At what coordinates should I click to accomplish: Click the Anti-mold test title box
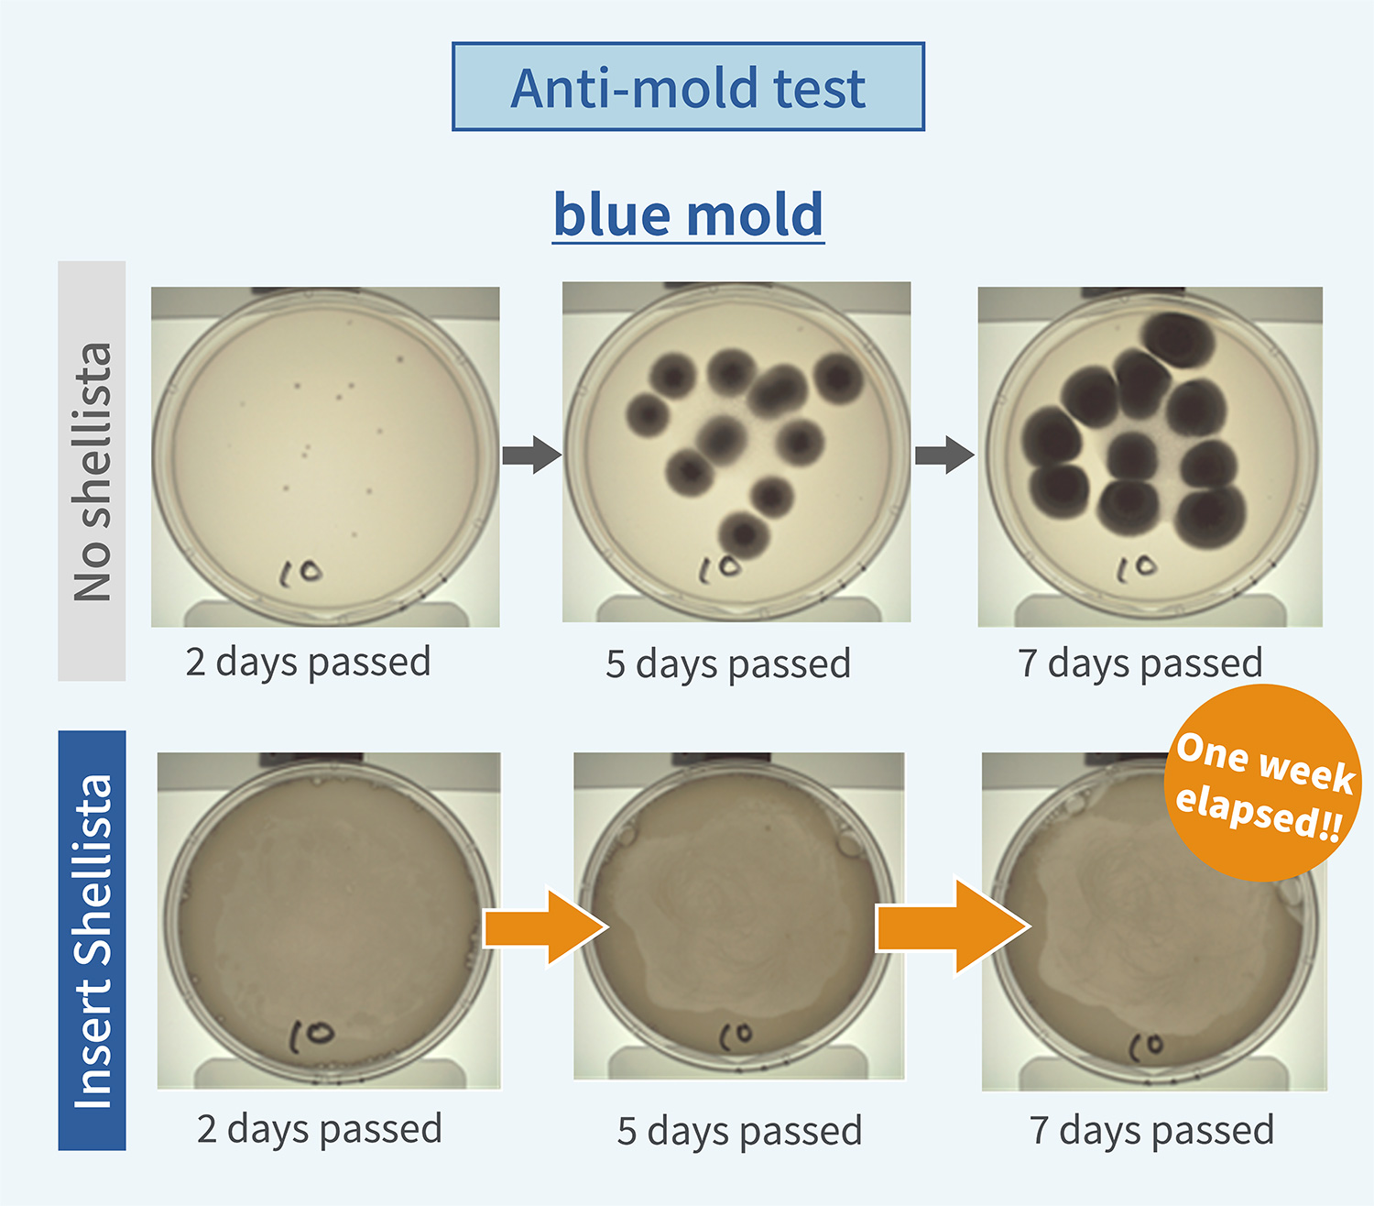click(x=688, y=87)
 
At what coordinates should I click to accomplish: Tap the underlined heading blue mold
click(x=688, y=214)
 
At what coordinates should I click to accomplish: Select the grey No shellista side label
click(x=92, y=471)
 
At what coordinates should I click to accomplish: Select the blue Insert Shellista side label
click(x=92, y=940)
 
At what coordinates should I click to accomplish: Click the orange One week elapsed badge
click(x=1263, y=784)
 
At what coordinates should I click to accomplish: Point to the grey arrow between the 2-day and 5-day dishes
click(x=531, y=455)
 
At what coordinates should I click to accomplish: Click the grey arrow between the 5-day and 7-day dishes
click(x=944, y=455)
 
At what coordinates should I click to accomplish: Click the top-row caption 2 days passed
click(x=308, y=662)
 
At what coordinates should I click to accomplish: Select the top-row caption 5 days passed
click(x=728, y=664)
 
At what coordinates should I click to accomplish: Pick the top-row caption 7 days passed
click(x=1140, y=663)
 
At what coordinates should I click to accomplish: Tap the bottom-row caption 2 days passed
click(x=319, y=1129)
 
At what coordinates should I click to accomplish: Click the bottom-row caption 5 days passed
click(x=739, y=1131)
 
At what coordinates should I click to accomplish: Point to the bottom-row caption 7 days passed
click(x=1151, y=1130)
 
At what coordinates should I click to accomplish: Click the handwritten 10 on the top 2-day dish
click(x=301, y=574)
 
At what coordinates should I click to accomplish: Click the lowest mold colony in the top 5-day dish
click(x=744, y=534)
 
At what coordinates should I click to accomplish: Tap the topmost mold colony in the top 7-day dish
click(x=1180, y=339)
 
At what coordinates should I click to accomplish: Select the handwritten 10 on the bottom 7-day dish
click(x=1145, y=1044)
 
